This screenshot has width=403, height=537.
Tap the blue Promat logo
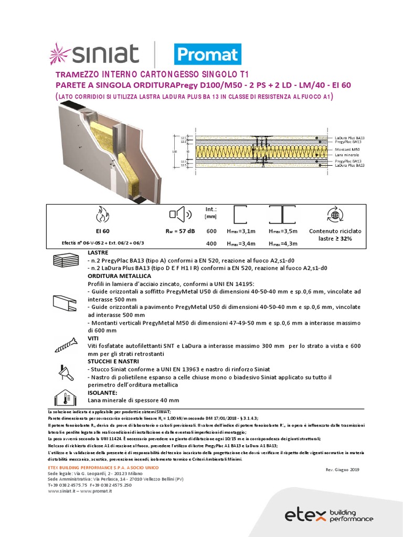point(207,54)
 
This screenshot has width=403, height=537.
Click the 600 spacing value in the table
point(211,231)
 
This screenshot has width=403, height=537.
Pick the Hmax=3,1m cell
point(241,231)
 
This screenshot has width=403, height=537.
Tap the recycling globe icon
point(334,214)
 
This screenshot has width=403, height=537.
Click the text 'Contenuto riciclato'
point(334,231)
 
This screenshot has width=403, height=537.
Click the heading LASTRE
point(98,253)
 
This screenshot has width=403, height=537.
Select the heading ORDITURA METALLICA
point(119,276)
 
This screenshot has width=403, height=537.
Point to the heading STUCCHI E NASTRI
point(114,362)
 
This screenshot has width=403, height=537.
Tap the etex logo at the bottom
point(329,515)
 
